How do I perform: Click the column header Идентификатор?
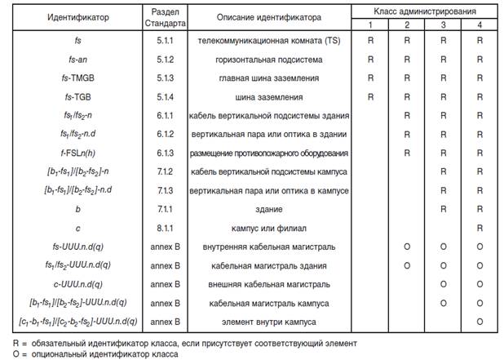click(x=56, y=17)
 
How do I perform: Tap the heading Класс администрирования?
click(x=425, y=11)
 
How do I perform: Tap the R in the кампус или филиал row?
click(x=480, y=228)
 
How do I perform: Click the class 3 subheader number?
click(x=444, y=24)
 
